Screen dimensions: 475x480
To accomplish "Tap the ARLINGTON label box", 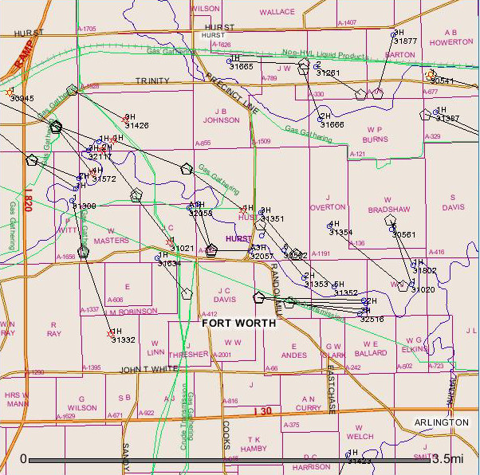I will click(441, 422).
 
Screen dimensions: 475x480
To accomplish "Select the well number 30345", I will click(22, 98).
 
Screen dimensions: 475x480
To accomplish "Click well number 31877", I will click(405, 41).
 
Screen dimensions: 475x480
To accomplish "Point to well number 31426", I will click(137, 125).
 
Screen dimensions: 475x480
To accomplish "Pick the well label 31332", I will click(123, 340).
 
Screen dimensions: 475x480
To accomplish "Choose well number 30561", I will click(403, 234).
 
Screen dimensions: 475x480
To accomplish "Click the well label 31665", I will click(241, 66).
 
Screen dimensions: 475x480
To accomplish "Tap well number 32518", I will click(372, 319).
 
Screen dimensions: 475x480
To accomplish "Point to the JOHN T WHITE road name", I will click(148, 370).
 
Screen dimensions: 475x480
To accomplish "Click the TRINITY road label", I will click(152, 80).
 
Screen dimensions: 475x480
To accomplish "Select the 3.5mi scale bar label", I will click(447, 459).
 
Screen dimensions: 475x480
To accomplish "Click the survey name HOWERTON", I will click(451, 41).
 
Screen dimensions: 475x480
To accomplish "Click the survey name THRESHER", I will click(188, 354).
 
